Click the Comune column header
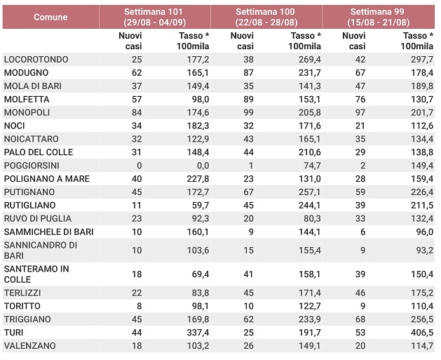pyautogui.click(x=50, y=17)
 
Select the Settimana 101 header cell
pyautogui.click(x=154, y=17)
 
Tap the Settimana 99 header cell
pyautogui.click(x=379, y=17)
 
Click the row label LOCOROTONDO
pyautogui.click(x=36, y=60)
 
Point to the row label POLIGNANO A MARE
pyautogui.click(x=47, y=179)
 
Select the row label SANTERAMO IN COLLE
pyautogui.click(x=36, y=274)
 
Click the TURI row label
pyautogui.click(x=13, y=333)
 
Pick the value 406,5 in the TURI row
pyautogui.click(x=422, y=333)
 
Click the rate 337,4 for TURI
pyautogui.click(x=198, y=333)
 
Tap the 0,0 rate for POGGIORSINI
pyautogui.click(x=203, y=166)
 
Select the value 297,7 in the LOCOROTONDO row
pyautogui.click(x=422, y=60)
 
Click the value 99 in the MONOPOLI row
pyautogui.click(x=248, y=112)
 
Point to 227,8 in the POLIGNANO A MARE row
pyautogui.click(x=198, y=179)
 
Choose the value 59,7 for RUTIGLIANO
pyautogui.click(x=201, y=205)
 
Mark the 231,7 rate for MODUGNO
pyautogui.click(x=310, y=72)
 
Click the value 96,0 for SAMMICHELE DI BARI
pyautogui.click(x=424, y=232)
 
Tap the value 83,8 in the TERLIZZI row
pyautogui.click(x=201, y=293)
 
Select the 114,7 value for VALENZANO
pyautogui.click(x=422, y=346)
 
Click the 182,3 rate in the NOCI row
pyautogui.click(x=198, y=126)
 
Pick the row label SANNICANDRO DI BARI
pyautogui.click(x=41, y=251)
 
